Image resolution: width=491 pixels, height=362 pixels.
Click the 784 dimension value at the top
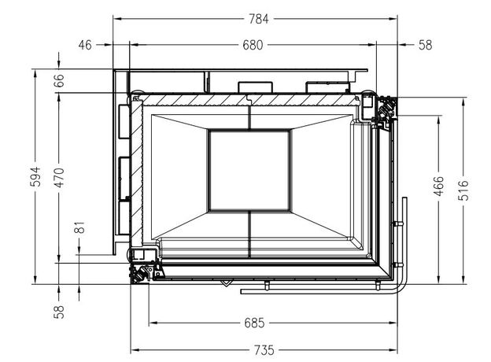point(259,19)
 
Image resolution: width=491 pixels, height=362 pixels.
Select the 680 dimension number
point(253,45)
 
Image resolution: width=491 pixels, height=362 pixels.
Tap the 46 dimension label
point(85,45)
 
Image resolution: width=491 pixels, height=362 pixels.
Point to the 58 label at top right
point(425,45)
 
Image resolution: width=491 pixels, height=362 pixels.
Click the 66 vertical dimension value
point(59,80)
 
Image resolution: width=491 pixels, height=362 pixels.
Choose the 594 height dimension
point(35,176)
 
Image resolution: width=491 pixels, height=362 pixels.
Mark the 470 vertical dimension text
point(59,177)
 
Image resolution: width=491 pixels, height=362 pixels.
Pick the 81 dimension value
point(79,227)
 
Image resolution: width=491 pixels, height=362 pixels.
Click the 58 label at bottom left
point(59,312)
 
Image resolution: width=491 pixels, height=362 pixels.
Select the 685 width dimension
point(254,323)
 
